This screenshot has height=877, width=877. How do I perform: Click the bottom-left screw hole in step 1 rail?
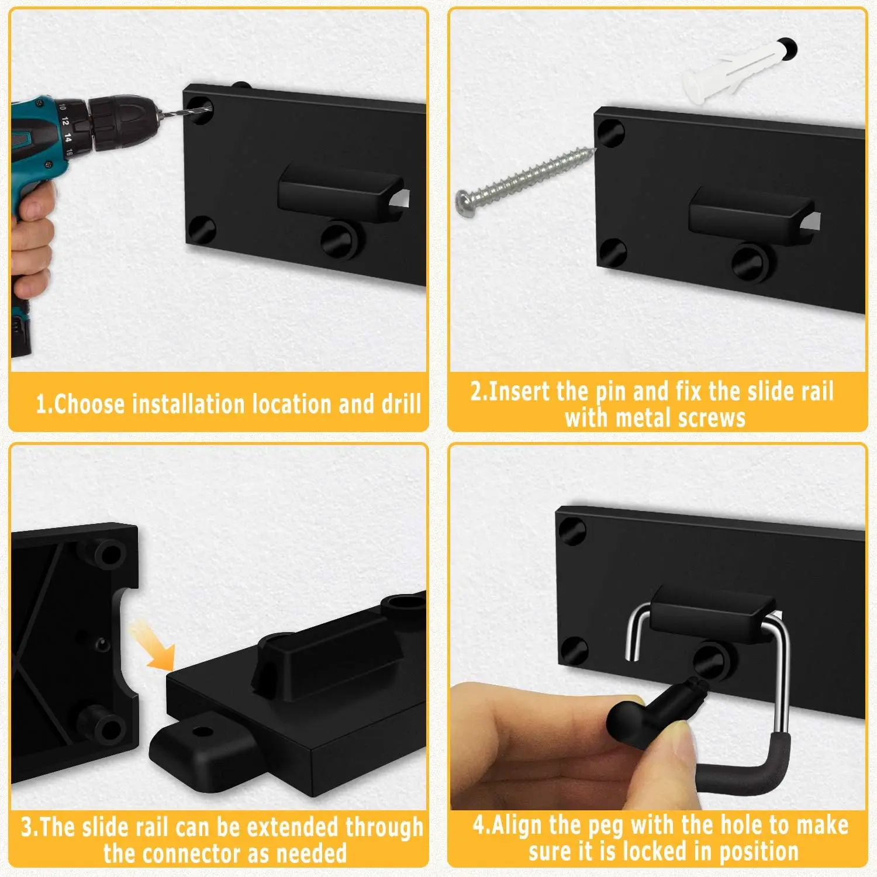[202, 230]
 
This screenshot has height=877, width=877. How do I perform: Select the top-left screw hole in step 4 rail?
[572, 531]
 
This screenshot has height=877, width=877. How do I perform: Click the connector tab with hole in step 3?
[193, 743]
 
